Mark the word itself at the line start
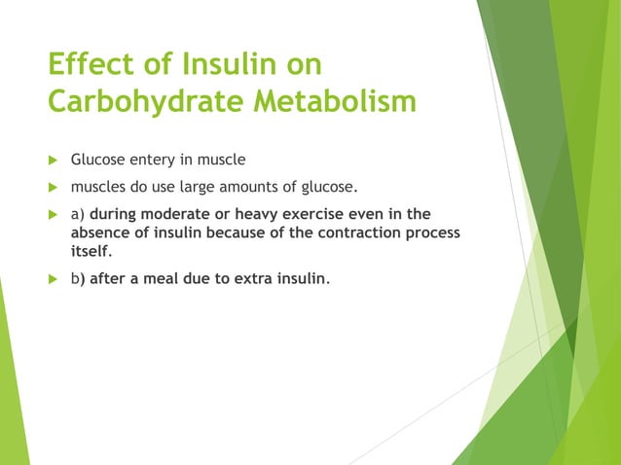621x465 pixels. pos(91,252)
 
